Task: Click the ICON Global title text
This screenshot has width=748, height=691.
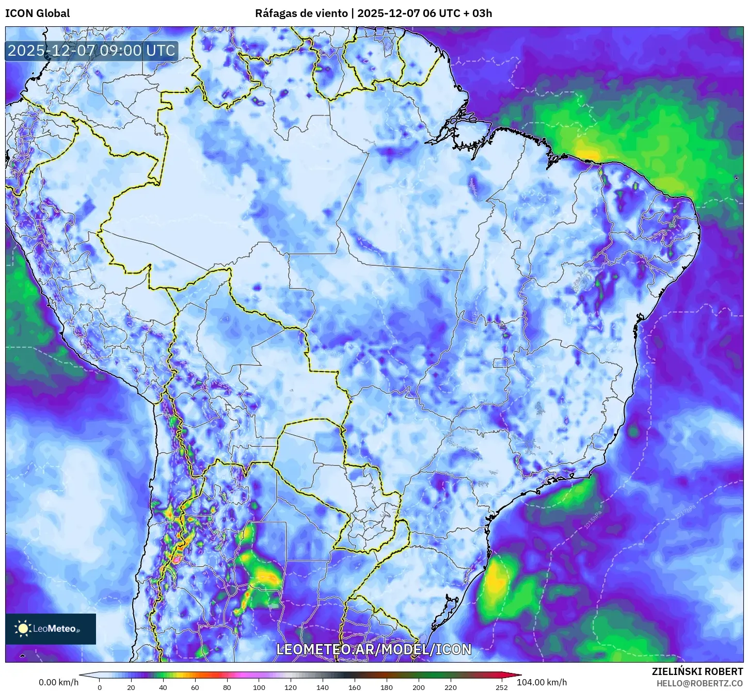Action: [38, 13]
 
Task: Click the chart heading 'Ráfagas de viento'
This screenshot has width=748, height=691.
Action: [301, 13]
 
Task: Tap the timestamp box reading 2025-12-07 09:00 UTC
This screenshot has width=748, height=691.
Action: [91, 51]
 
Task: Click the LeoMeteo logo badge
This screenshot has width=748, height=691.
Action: [51, 629]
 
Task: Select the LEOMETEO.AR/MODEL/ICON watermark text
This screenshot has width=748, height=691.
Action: [374, 649]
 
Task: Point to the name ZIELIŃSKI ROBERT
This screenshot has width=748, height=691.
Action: [697, 671]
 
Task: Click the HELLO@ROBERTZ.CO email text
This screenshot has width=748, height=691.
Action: [699, 683]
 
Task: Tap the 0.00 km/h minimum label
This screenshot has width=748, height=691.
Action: [58, 682]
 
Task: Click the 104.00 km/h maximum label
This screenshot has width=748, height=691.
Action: [542, 682]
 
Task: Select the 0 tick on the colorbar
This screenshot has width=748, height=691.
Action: [100, 687]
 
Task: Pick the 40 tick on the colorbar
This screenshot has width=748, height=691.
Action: [163, 687]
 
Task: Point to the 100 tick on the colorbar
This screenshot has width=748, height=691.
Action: [259, 687]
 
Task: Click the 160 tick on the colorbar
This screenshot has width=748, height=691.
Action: [355, 687]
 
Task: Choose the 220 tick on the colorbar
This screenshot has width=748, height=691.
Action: [450, 687]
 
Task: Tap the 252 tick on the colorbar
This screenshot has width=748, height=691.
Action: [501, 687]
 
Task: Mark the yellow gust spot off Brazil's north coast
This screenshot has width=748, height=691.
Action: [587, 154]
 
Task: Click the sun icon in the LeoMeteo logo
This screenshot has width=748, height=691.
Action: [23, 629]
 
